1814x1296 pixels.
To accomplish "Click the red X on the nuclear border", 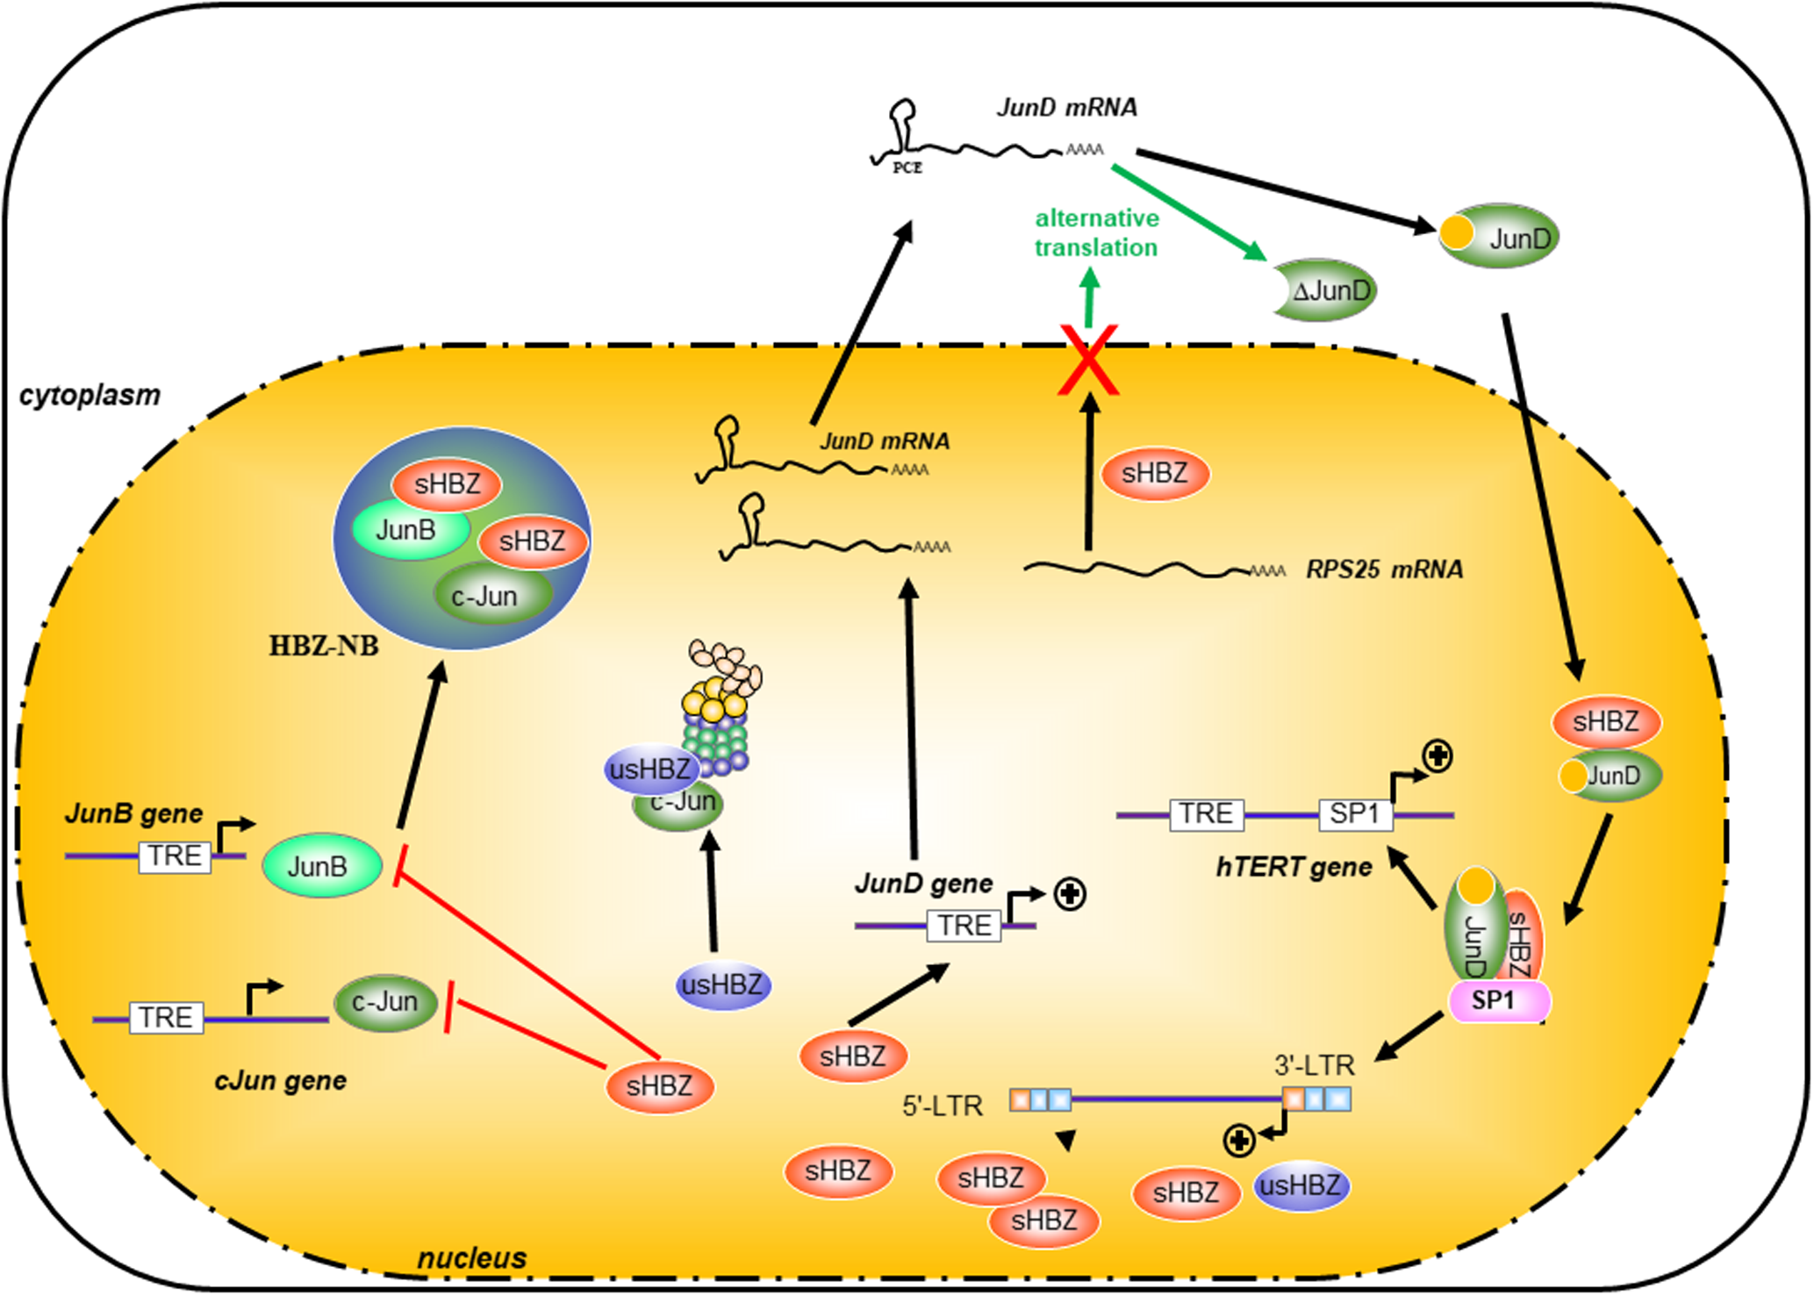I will click(x=1088, y=360).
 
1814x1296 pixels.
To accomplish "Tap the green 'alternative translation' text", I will click(x=1096, y=233).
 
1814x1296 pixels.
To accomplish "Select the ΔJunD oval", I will click(x=1326, y=290).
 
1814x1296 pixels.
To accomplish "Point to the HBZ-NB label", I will click(x=323, y=647).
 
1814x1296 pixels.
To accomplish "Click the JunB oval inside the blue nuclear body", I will click(x=407, y=530).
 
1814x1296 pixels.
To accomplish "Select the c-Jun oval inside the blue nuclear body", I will click(x=489, y=596).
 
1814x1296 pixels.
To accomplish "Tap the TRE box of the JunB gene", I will click(x=175, y=856).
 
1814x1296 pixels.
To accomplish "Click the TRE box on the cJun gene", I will click(x=166, y=1018).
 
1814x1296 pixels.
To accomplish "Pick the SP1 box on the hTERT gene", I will click(x=1354, y=814).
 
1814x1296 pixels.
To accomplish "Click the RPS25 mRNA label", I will click(x=1384, y=570).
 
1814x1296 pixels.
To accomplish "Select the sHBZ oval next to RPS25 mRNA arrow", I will click(x=1155, y=474).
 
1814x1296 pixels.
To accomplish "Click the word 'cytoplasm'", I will click(x=90, y=396).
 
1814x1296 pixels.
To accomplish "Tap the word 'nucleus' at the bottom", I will click(x=471, y=1257).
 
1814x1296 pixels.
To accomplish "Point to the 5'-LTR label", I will click(x=942, y=1106).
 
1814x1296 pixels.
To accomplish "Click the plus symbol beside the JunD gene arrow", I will click(x=1070, y=894).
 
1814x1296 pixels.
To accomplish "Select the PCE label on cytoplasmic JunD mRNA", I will click(x=907, y=168).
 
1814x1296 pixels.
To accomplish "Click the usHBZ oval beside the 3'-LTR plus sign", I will click(x=1301, y=1186).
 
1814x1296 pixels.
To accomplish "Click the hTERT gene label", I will click(x=1294, y=868).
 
